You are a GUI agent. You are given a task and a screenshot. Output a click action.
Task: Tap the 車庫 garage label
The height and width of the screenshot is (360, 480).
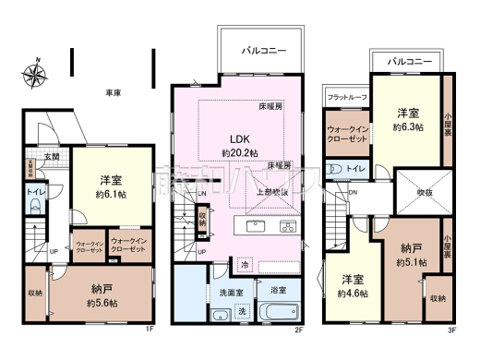[x=114, y=93]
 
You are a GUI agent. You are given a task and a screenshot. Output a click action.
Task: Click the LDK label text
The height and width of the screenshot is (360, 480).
[x=238, y=138]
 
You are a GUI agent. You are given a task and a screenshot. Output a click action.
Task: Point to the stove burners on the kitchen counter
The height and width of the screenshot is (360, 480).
[x=286, y=226]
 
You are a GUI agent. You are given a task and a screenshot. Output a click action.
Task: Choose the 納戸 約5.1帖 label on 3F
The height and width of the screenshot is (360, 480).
[x=409, y=256]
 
